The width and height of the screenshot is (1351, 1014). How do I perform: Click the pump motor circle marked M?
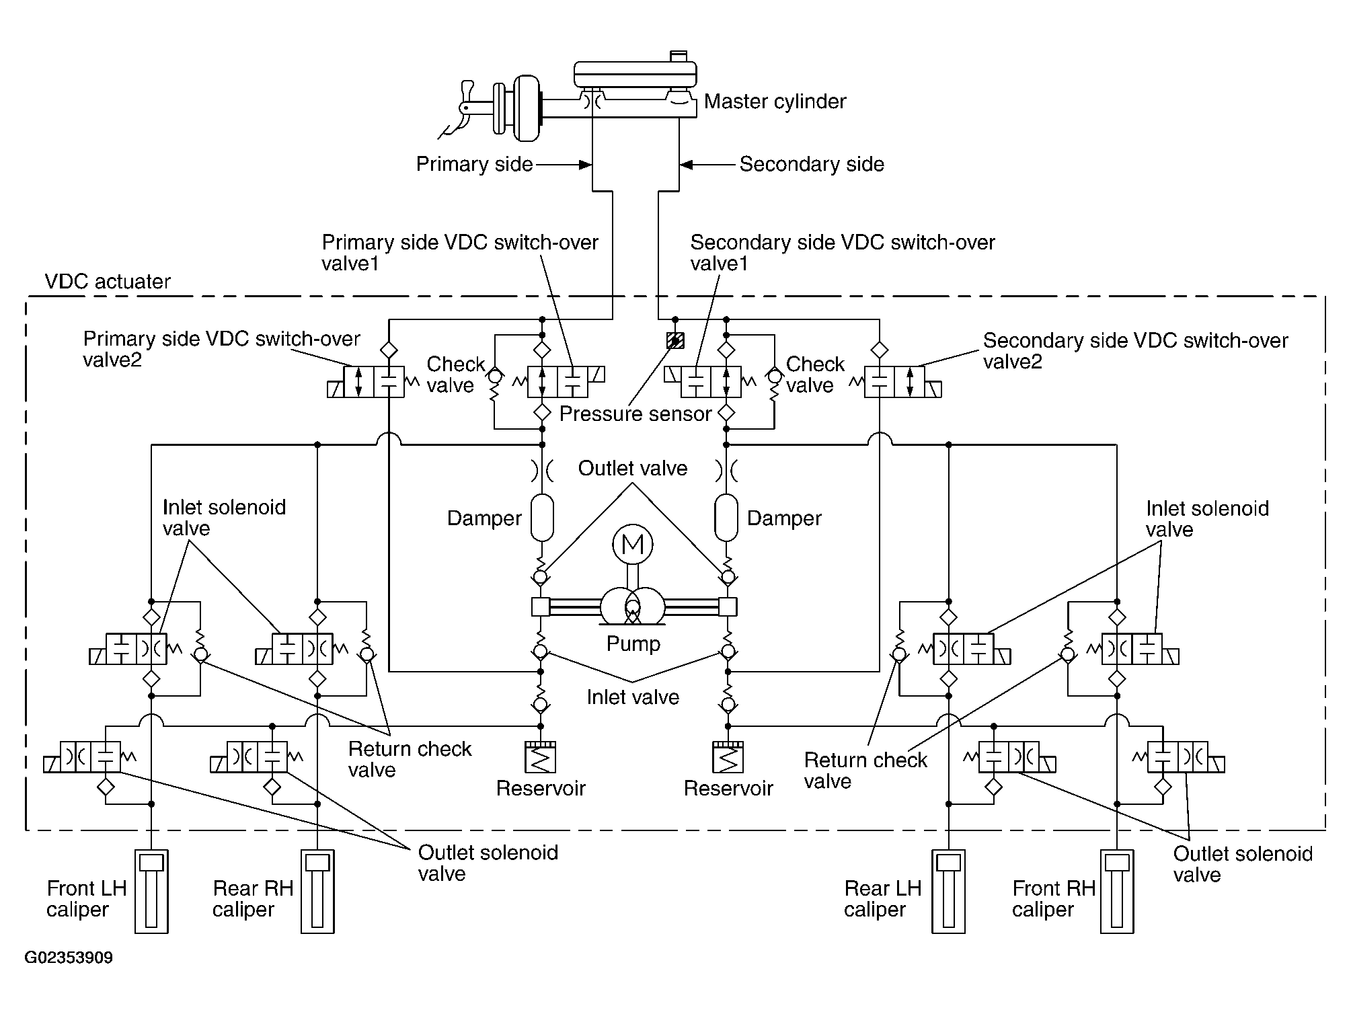[632, 544]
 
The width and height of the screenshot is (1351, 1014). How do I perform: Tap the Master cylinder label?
[775, 102]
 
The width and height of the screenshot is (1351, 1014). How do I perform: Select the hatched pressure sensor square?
[675, 341]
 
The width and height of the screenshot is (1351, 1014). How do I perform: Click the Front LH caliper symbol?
[151, 892]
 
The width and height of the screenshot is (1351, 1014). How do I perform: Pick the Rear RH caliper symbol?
[317, 892]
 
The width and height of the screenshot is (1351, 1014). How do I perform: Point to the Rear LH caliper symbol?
[948, 892]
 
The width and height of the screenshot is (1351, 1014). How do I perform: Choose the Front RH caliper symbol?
[1117, 892]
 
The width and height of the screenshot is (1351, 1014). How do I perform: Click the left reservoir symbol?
[541, 757]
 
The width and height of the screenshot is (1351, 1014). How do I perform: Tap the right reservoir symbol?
[728, 757]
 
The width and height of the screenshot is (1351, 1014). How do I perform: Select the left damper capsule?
[542, 518]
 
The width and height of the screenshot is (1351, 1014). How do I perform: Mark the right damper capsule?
[726, 518]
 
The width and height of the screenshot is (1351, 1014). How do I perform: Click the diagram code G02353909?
[69, 958]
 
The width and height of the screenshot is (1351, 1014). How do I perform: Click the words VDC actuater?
[108, 281]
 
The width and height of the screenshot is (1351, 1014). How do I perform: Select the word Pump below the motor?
[633, 644]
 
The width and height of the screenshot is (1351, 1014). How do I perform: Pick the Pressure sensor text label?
[635, 414]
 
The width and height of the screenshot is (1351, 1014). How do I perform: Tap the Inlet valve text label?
[633, 697]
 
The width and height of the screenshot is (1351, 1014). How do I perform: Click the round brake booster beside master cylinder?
[527, 108]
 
